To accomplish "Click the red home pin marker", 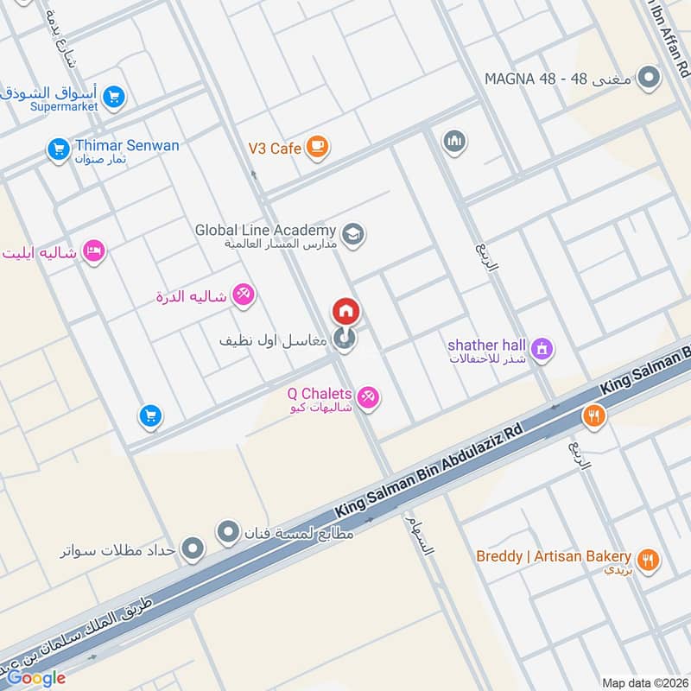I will coord(345,312).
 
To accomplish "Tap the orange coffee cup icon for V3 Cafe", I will coord(317,148).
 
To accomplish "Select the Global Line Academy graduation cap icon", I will coord(352,233).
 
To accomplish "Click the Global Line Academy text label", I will coord(264,230).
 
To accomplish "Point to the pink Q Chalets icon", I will coord(370,396).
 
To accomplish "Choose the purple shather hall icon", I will coord(542,349).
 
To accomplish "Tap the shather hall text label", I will coord(487,345).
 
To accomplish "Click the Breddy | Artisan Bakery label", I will coord(554,556).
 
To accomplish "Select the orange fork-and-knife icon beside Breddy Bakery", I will coord(650,560).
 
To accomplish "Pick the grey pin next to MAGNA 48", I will coord(648,78).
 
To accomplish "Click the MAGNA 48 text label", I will coord(559,79).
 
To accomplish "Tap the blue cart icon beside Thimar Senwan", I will coord(59,150).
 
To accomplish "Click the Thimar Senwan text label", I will coord(127,145).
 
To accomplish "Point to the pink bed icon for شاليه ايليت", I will coord(93,251).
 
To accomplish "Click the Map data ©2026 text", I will coord(645,682).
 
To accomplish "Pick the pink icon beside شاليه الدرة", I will coord(244,295).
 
